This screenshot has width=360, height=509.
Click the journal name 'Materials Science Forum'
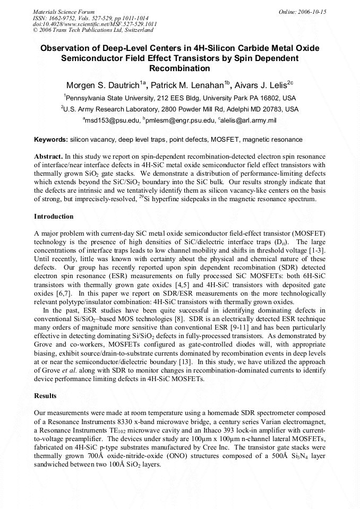click(x=64, y=12)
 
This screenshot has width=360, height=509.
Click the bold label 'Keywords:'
click(x=51, y=140)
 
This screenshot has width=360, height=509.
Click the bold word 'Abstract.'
click(x=48, y=157)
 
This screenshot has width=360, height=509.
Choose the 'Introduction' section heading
click(x=54, y=217)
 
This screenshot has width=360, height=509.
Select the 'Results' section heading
click(x=45, y=396)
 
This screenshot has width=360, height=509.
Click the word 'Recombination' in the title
click(x=179, y=68)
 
